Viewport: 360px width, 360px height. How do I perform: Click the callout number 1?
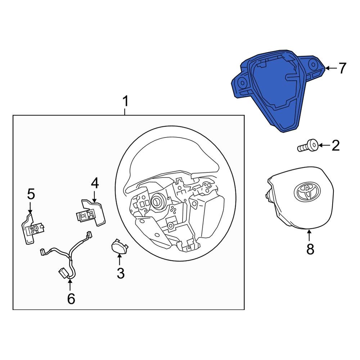pyautogui.click(x=125, y=102)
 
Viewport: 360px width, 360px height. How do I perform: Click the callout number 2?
pyautogui.click(x=335, y=146)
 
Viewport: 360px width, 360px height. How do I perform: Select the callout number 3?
pyautogui.click(x=120, y=273)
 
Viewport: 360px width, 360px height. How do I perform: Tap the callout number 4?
pyautogui.click(x=94, y=184)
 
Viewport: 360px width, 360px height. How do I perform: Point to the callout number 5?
pyautogui.click(x=31, y=194)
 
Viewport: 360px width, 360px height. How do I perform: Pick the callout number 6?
pyautogui.click(x=71, y=298)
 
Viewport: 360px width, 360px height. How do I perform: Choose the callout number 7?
pyautogui.click(x=341, y=68)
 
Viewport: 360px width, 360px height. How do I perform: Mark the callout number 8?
pyautogui.click(x=310, y=249)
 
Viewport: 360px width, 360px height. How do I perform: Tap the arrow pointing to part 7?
pyautogui.click(x=330, y=68)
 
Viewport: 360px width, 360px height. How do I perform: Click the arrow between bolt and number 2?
pyautogui.click(x=324, y=146)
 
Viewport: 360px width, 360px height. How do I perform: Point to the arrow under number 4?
pyautogui.click(x=94, y=196)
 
